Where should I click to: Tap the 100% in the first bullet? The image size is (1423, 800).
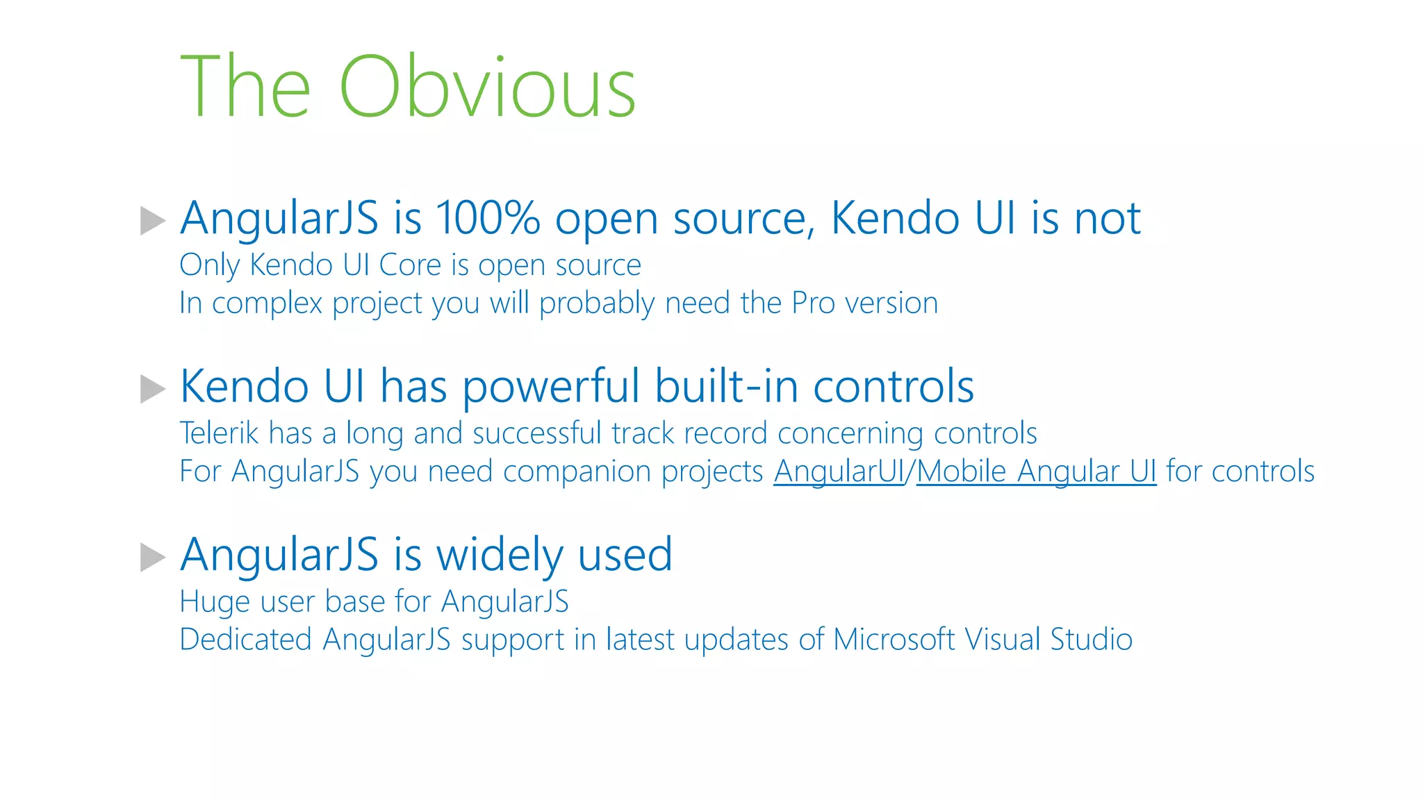pos(488,218)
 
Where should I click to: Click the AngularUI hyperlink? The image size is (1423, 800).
pos(839,472)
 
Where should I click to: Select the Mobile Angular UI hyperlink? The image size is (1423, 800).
pos(1036,472)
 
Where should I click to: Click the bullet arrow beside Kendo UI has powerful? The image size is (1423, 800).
pos(152,389)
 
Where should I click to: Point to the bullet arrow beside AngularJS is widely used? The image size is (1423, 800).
pos(152,557)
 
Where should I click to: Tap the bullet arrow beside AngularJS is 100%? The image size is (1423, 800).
pos(152,221)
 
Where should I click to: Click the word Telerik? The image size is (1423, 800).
pos(219,433)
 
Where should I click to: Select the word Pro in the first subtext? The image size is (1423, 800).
pos(813,303)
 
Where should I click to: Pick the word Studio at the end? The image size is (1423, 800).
pos(1091,640)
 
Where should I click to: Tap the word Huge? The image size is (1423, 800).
pos(215,601)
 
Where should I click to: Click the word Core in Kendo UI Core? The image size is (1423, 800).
pos(410,265)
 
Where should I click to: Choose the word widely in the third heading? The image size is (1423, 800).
pos(499,556)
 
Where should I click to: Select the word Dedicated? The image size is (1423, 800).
pos(245,640)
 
